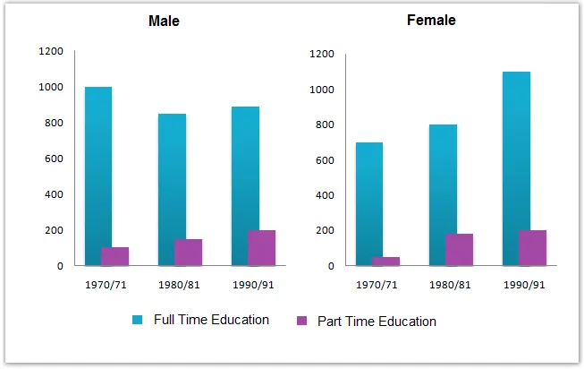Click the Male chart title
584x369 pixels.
(x=164, y=21)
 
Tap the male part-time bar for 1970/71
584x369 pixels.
(x=115, y=255)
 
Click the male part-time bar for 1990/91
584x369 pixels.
(x=262, y=247)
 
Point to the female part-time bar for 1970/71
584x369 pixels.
(x=386, y=261)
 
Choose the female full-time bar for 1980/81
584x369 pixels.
(x=442, y=193)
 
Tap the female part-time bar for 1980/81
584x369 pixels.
(x=459, y=249)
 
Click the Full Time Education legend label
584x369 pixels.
(x=212, y=320)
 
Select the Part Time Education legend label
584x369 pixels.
(x=377, y=321)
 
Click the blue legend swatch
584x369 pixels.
(x=137, y=320)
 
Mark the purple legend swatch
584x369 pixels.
(x=300, y=321)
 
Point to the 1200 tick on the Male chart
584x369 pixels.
(x=51, y=51)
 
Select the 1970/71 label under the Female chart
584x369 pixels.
(x=377, y=285)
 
